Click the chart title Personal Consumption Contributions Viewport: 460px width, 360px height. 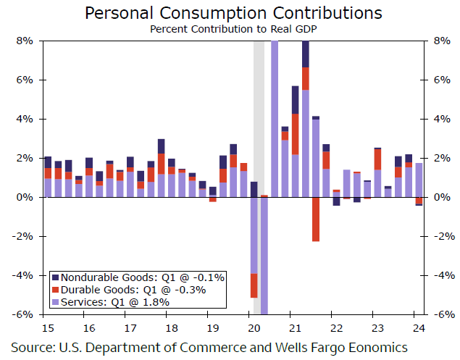click(x=234, y=13)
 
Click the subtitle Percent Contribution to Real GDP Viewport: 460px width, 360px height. click(x=234, y=29)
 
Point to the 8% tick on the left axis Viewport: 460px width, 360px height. click(x=24, y=41)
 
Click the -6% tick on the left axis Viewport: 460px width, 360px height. click(x=22, y=315)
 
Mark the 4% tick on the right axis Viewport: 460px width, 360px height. click(x=441, y=120)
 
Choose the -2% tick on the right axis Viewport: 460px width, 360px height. click(x=443, y=237)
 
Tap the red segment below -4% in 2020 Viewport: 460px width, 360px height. click(x=254, y=285)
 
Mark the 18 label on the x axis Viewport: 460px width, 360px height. click(x=167, y=325)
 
